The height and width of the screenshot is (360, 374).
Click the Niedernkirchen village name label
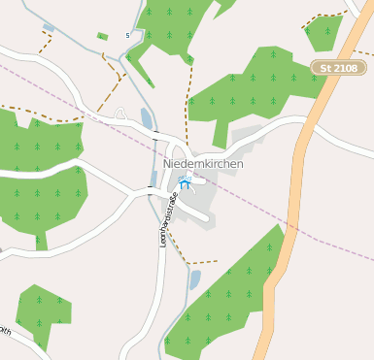(x=203, y=164)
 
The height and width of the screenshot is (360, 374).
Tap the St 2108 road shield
(x=340, y=68)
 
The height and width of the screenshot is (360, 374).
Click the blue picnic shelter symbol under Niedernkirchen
(x=187, y=182)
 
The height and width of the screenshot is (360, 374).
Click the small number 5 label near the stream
(x=127, y=36)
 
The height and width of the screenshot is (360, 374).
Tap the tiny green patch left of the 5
(x=102, y=37)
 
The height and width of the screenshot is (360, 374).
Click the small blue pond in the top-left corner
(x=49, y=28)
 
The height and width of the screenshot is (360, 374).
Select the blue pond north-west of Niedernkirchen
(x=147, y=118)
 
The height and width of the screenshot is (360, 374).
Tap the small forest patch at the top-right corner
(x=323, y=31)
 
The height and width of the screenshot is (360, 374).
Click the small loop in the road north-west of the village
(x=120, y=114)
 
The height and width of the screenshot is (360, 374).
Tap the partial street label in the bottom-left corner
(x=5, y=331)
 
